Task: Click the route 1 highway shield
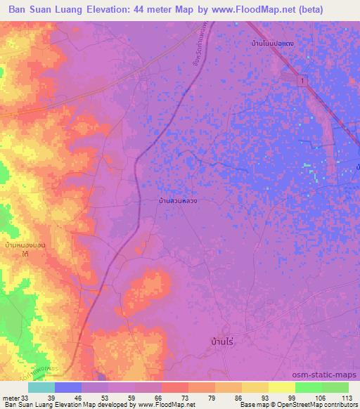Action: coord(303,82)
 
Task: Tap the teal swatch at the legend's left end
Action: coord(41,387)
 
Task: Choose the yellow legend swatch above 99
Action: coord(281,387)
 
